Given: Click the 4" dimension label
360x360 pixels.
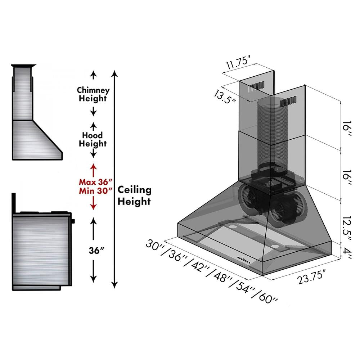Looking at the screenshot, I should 347,251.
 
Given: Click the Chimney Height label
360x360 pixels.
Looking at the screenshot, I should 94,94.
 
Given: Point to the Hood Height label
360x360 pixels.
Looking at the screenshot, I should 93,139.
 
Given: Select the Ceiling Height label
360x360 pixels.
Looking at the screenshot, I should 134,195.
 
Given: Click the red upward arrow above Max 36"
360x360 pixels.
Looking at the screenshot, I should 94,169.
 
